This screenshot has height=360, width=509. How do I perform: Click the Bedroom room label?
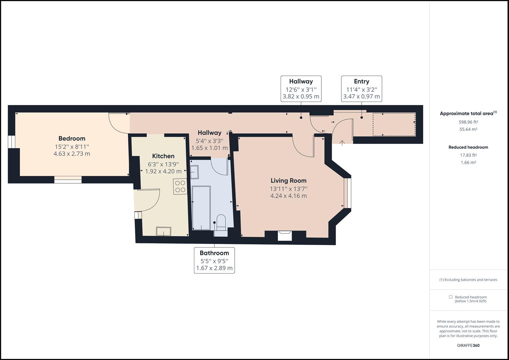[72, 138]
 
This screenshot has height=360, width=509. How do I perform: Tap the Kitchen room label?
[163, 156]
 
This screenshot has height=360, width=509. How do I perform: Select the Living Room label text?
[288, 181]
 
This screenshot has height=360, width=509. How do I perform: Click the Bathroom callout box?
[214, 260]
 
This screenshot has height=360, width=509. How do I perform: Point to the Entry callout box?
[362, 89]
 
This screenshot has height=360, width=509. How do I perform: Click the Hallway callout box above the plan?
[301, 89]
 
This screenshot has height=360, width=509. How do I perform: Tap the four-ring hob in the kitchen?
[180, 186]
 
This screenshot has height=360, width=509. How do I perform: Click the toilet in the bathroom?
[221, 223]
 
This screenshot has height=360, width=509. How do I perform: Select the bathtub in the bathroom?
[201, 208]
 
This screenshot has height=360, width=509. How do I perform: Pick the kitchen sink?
[163, 231]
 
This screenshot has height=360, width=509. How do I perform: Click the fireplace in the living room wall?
[285, 236]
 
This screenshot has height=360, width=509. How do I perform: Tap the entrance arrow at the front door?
[342, 143]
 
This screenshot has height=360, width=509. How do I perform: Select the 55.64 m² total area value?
[468, 129]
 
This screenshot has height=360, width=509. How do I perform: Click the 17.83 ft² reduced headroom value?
[468, 155]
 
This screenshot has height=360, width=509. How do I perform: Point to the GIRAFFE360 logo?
[468, 345]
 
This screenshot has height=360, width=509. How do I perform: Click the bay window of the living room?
[347, 193]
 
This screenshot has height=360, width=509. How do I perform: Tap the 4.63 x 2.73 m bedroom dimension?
[72, 154]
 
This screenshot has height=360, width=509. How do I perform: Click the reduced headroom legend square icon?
[451, 297]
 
